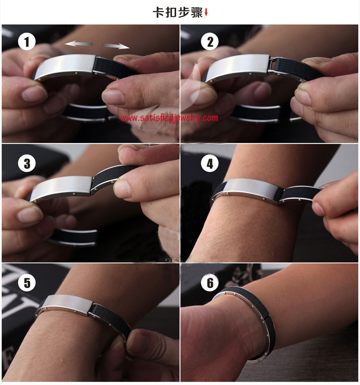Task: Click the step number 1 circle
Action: point(27,41)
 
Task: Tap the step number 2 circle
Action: point(210,41)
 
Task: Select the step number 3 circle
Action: point(27,164)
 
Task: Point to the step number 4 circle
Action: point(210,164)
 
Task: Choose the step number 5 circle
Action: point(27,282)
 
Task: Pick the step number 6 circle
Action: point(210,282)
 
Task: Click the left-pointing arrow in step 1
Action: point(79,44)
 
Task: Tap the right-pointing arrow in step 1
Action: point(116,46)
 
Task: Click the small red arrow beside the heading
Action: point(206,12)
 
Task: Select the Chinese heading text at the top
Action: point(178,12)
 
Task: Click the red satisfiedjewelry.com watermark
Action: point(169,118)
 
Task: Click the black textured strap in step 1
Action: point(112,68)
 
